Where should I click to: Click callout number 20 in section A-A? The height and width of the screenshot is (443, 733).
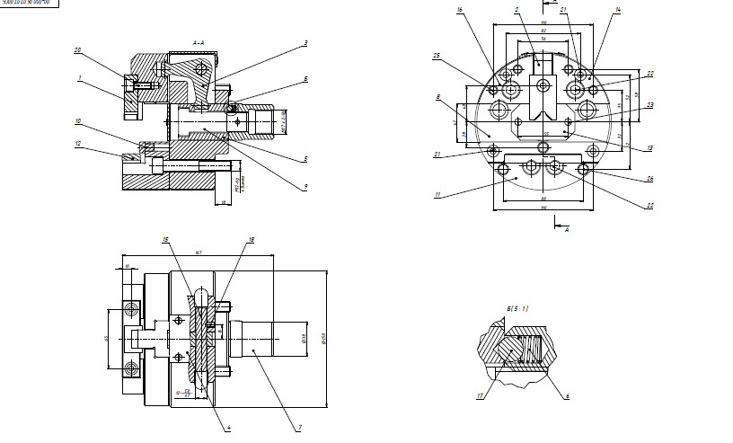pos(77,49)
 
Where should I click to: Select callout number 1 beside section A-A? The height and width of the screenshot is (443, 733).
pos(79,78)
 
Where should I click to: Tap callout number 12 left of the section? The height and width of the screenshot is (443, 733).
pos(78,144)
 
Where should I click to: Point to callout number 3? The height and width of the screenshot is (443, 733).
pos(305,42)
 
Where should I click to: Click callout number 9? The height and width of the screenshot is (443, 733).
pos(305,186)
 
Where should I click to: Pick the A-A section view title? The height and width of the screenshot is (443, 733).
pos(199,42)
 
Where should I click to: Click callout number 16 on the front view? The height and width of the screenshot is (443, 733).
pos(459,10)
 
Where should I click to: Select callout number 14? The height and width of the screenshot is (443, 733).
pos(618,10)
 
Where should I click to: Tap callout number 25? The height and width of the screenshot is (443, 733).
pos(436,56)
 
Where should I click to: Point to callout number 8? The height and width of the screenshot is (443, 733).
pos(437,96)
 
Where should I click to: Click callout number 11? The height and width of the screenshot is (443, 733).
pos(437,194)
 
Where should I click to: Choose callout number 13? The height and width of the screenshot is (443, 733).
pos(649,147)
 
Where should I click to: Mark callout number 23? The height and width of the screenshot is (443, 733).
pos(649,105)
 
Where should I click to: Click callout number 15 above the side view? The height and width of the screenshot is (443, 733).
pos(166,240)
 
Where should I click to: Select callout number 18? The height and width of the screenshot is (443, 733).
pos(252,240)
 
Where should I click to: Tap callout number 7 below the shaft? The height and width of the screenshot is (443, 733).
pos(299,428)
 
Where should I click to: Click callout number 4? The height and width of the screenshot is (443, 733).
pos(229,428)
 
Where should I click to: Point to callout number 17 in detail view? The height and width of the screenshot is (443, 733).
pos(480,394)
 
